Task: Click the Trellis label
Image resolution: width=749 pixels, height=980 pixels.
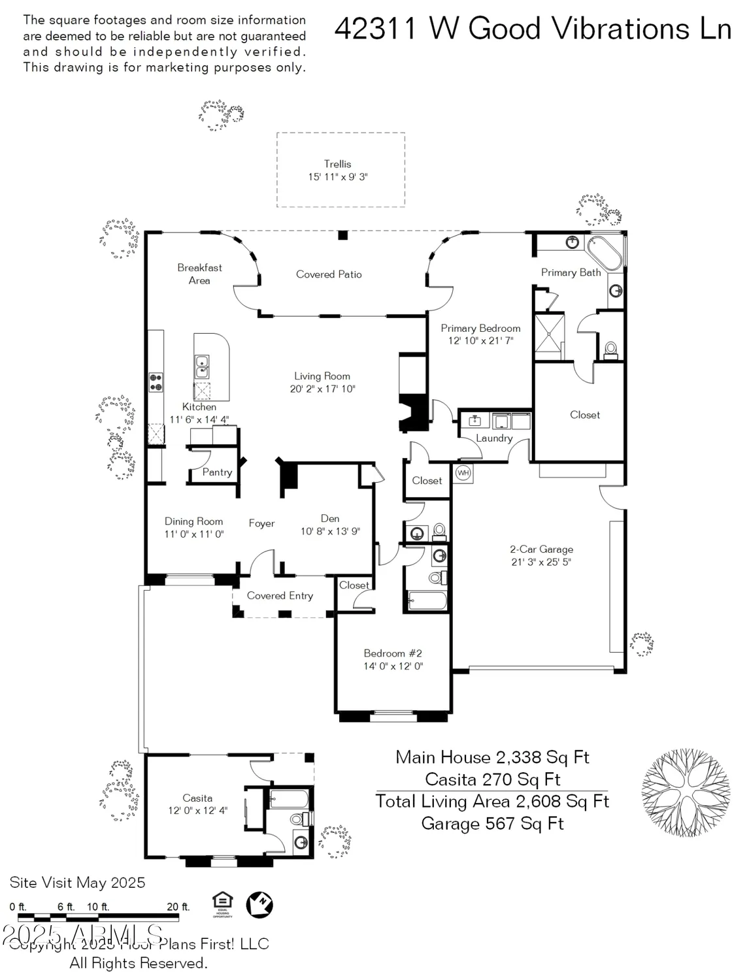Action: tap(337, 164)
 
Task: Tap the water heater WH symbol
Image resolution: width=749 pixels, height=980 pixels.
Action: tap(463, 473)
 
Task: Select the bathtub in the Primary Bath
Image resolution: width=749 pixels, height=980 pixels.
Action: tap(604, 253)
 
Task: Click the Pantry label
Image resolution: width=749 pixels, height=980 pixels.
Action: tap(217, 472)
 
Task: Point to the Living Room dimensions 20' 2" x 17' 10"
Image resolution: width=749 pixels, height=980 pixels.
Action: tap(322, 389)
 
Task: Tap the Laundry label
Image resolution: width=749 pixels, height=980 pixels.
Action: tap(494, 438)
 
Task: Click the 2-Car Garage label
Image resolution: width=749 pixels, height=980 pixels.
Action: tap(541, 549)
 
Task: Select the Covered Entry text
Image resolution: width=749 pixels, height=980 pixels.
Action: tap(280, 596)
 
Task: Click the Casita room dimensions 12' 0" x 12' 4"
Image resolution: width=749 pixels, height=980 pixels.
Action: tap(197, 811)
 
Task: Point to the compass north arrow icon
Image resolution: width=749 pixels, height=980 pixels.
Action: tap(259, 905)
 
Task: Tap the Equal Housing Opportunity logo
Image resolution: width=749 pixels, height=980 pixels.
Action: tap(222, 904)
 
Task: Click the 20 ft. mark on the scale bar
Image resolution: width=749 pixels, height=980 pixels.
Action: tap(178, 907)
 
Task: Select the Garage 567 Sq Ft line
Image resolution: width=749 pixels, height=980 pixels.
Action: tap(492, 824)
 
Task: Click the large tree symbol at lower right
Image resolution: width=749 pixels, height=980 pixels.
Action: tap(676, 784)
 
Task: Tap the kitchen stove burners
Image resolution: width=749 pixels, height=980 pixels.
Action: tap(156, 382)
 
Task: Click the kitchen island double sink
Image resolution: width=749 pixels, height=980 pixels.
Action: tap(203, 367)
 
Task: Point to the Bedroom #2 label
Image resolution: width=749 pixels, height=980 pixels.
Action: tap(393, 653)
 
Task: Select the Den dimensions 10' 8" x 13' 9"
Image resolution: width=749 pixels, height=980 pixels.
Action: tap(330, 532)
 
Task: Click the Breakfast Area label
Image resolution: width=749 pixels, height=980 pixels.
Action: tap(199, 274)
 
